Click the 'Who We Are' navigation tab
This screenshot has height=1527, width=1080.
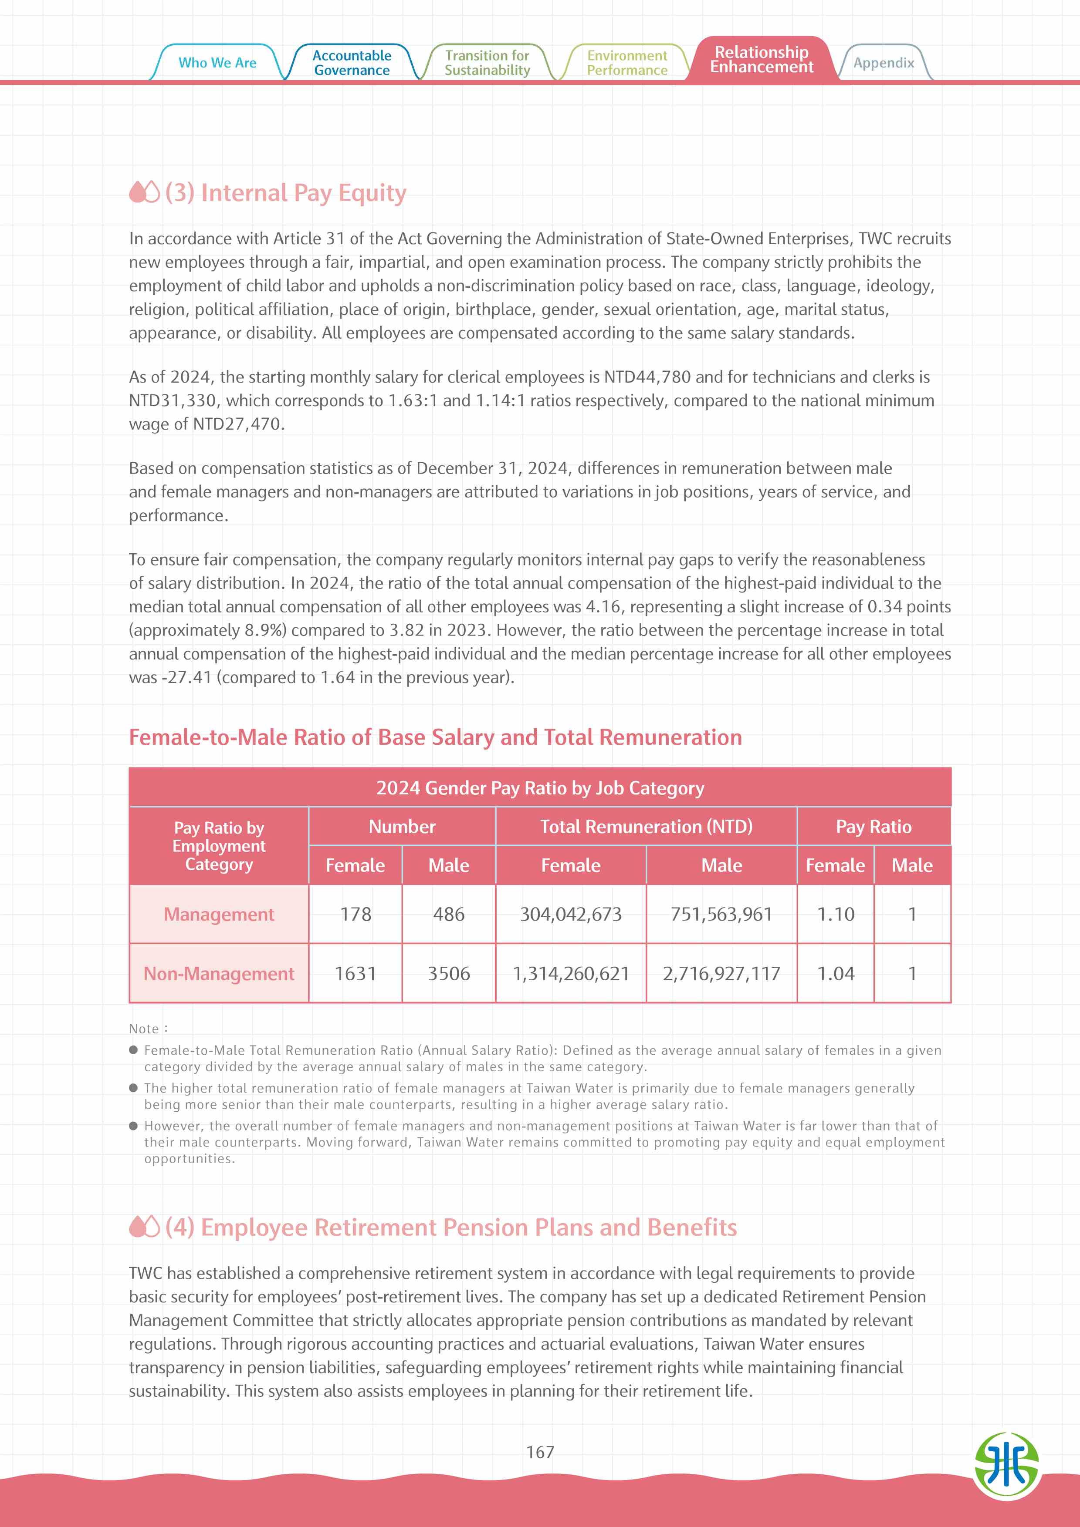tap(217, 63)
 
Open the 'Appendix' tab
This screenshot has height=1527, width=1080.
tap(883, 63)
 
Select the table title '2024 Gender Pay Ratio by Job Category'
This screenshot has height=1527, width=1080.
tap(540, 788)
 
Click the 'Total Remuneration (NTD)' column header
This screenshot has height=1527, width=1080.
tap(646, 827)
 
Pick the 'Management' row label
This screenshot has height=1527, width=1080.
tap(219, 915)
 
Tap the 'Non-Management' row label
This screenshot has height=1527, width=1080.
tap(219, 974)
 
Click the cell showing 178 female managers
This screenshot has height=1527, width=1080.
tap(355, 915)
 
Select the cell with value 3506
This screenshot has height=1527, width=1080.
tap(448, 974)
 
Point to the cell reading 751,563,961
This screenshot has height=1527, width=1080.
tap(721, 915)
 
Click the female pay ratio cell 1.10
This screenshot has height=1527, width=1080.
tap(835, 915)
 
